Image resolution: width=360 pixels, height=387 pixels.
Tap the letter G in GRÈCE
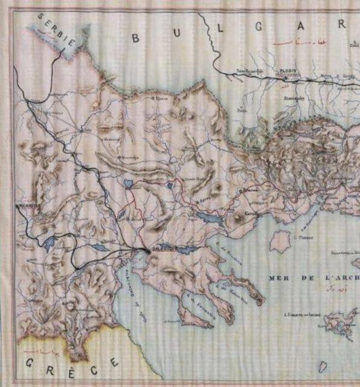point(30,363)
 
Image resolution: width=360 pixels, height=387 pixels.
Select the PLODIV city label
point(289,71)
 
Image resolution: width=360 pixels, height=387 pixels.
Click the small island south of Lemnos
point(323,366)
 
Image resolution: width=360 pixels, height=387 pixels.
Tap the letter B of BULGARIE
point(135,38)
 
